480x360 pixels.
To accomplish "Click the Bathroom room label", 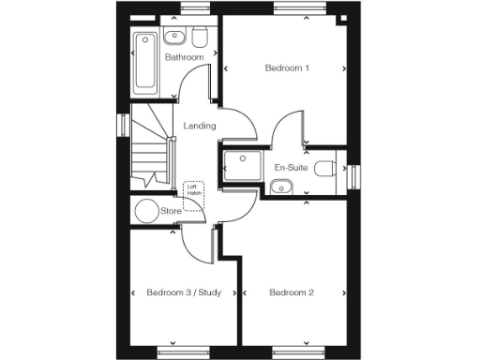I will tap(185, 58).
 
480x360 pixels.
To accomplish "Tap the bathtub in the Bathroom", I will tap(145, 62).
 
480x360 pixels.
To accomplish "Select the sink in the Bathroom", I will tap(174, 37).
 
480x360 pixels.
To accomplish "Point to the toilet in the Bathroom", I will tap(199, 37).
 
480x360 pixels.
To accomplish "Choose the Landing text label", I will tap(200, 126).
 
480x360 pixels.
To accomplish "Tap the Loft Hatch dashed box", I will tap(194, 195).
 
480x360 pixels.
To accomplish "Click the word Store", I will tap(171, 211).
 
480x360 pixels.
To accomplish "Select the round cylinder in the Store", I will tap(146, 211).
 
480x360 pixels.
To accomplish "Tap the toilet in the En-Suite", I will tap(325, 169).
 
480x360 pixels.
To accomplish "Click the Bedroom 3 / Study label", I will tap(184, 292).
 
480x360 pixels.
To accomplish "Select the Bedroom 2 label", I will tap(292, 292).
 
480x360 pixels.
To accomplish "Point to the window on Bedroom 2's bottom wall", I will tap(292, 352).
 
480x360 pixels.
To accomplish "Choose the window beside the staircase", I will tap(121, 125).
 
